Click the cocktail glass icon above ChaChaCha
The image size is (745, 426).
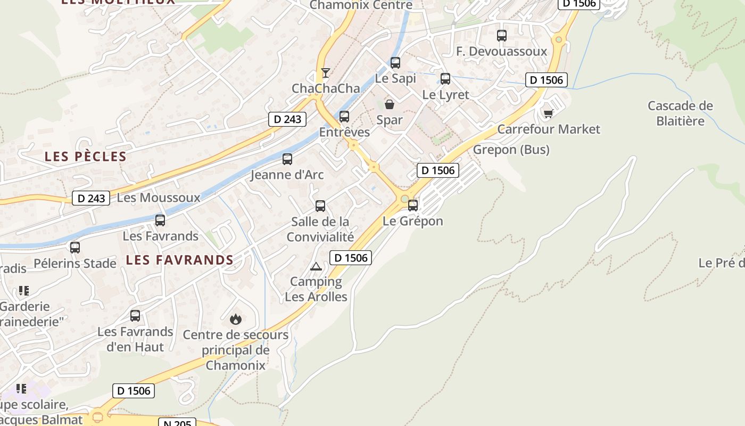[326, 73]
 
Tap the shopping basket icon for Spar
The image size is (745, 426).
[390, 104]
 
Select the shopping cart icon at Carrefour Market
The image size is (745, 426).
[548, 113]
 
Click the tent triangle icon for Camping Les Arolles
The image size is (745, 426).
[316, 266]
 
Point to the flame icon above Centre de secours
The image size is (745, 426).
[235, 319]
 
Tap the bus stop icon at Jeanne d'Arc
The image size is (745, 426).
[287, 159]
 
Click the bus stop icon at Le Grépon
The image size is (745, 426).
[413, 206]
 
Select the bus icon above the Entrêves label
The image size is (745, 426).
[344, 117]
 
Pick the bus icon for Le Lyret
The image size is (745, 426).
[445, 79]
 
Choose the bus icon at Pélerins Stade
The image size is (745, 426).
[75, 248]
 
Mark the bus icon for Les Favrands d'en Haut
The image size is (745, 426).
[135, 316]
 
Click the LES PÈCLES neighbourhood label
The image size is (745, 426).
[86, 157]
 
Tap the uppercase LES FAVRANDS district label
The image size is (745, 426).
[180, 260]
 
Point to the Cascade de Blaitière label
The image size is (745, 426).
[680, 113]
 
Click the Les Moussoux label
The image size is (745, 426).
[159, 198]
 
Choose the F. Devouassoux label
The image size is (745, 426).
[502, 51]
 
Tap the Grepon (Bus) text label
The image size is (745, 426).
[511, 150]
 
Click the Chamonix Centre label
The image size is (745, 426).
[361, 5]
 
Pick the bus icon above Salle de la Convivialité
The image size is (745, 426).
[320, 206]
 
